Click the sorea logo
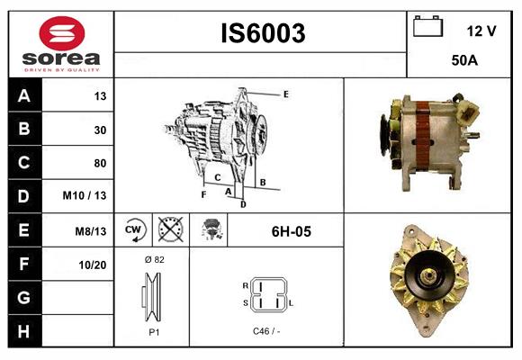(x=60, y=44)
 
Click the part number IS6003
(x=263, y=34)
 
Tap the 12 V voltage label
(x=481, y=31)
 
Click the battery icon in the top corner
(x=428, y=27)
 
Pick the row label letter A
(x=23, y=96)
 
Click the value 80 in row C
(x=100, y=163)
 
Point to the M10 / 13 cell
(x=85, y=195)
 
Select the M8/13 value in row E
(x=91, y=231)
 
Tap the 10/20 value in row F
(x=93, y=265)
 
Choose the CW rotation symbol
(x=134, y=230)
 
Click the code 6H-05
(x=291, y=231)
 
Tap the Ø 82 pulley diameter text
(x=153, y=259)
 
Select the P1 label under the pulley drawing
(x=153, y=331)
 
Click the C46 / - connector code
(x=266, y=331)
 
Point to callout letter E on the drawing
(x=285, y=94)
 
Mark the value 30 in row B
(x=100, y=130)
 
